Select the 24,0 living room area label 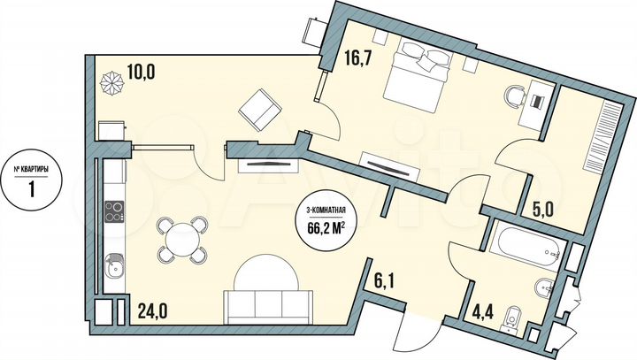(152, 310)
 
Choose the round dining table (182, 239)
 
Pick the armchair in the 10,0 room (259, 111)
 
